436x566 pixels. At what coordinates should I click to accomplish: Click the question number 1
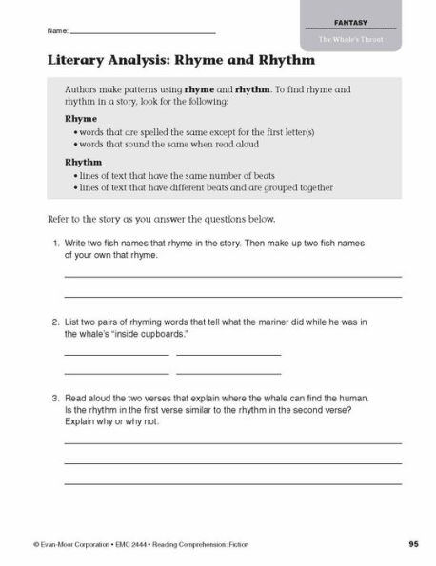[x=55, y=244]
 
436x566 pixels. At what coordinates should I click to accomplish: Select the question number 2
[x=55, y=322]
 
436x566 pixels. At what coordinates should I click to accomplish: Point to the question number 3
[x=55, y=398]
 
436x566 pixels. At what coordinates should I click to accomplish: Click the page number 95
[x=413, y=543]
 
